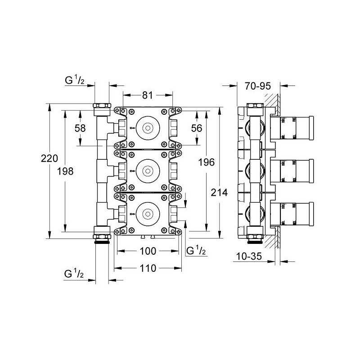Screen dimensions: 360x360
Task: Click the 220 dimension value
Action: (49, 158)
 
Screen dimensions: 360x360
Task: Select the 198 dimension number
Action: (65, 171)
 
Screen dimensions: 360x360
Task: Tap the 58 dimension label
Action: (80, 128)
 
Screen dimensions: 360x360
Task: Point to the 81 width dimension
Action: (148, 95)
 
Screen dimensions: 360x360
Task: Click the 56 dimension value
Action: (197, 128)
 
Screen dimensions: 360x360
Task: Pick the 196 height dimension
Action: (207, 162)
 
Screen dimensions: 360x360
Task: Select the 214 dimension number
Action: (219, 193)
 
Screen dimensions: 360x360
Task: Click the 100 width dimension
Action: (148, 251)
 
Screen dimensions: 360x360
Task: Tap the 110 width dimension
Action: (148, 268)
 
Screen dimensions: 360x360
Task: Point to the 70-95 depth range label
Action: (258, 86)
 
